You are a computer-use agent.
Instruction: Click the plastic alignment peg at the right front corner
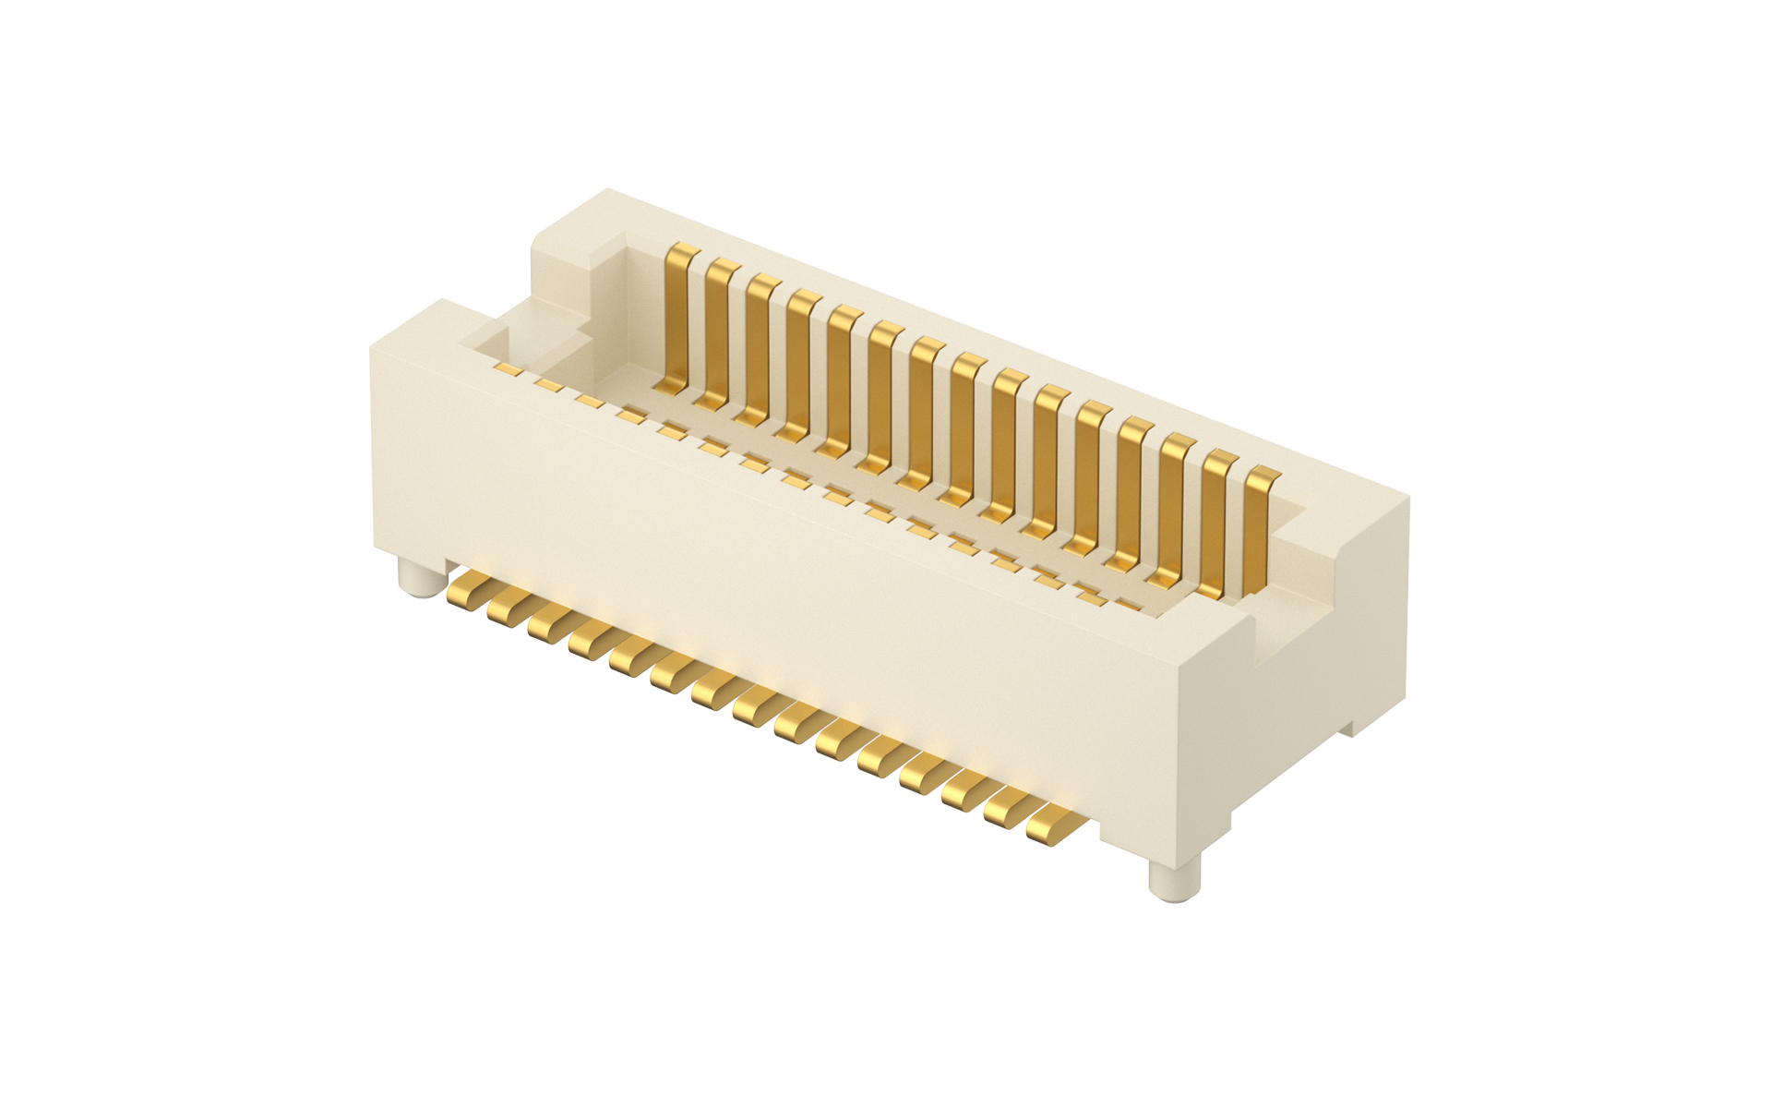1174,877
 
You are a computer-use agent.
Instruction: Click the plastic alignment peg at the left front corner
422,577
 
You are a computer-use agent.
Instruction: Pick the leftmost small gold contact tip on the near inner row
508,368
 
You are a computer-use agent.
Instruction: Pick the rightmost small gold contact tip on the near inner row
1128,606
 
